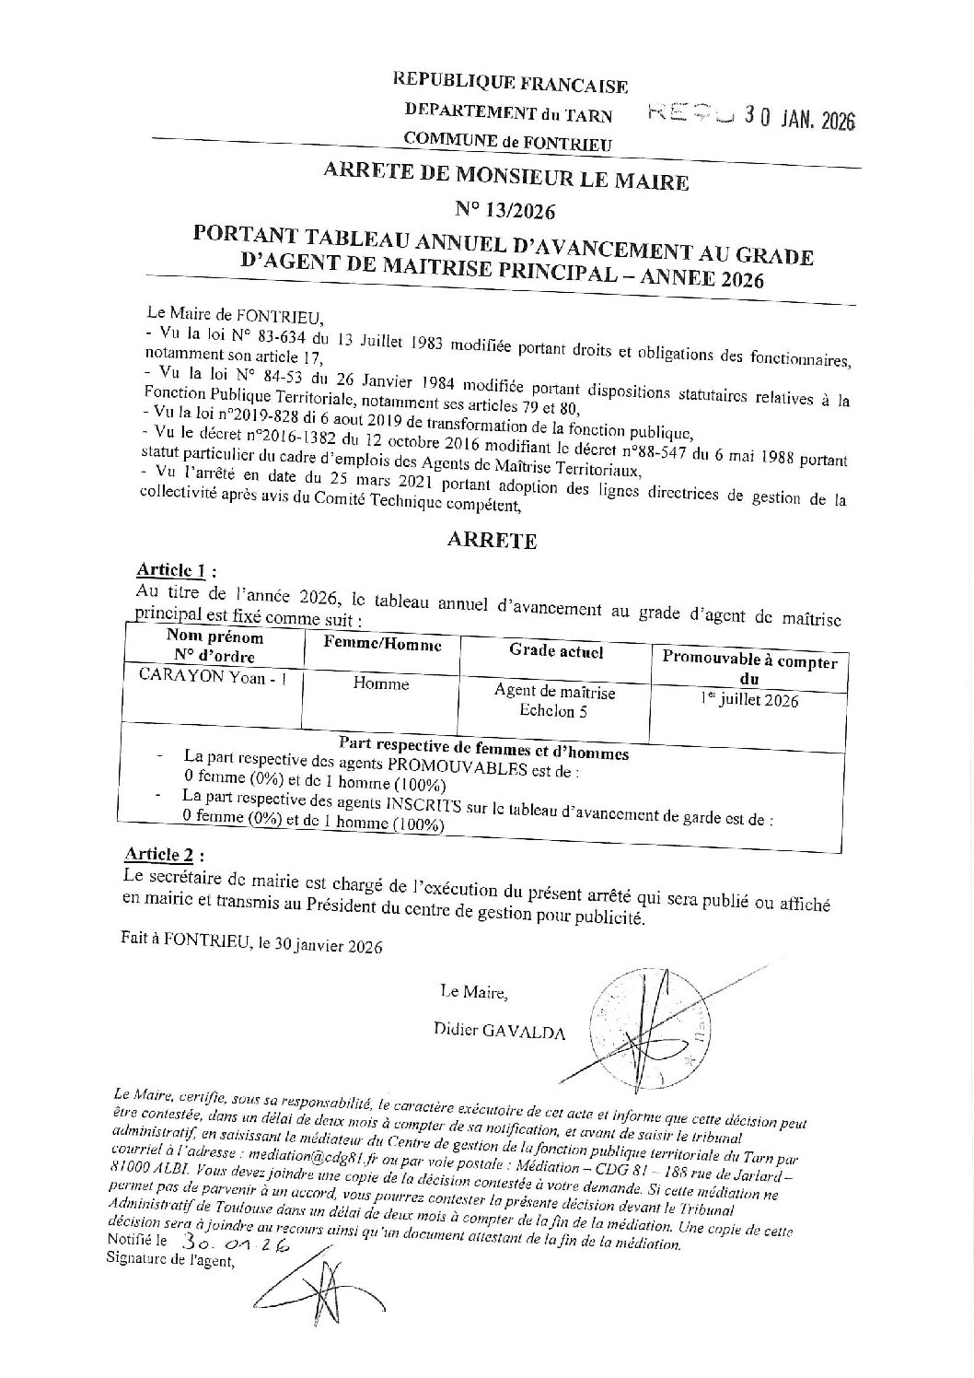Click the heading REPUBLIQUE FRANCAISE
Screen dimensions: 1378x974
510,84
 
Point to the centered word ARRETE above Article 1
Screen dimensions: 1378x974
492,542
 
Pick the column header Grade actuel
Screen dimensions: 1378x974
556,650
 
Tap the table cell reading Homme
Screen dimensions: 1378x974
386,683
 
